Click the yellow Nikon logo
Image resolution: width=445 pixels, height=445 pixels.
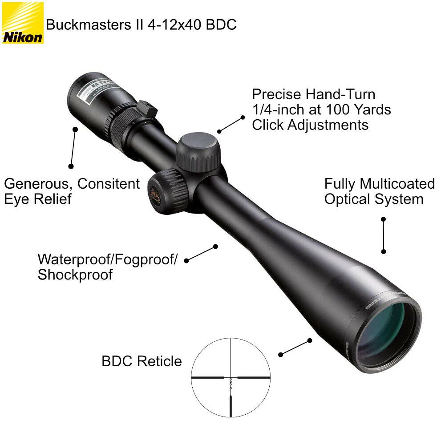23,23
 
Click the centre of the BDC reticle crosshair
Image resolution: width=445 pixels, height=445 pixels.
231,377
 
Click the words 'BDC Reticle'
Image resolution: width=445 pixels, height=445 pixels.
142,361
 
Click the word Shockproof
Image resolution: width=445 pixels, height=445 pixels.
75,275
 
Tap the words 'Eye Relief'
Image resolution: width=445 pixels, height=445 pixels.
38,199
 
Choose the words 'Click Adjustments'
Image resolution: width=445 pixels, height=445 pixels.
310,125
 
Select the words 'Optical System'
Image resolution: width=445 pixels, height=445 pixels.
374,199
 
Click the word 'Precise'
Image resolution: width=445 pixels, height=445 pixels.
276,94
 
